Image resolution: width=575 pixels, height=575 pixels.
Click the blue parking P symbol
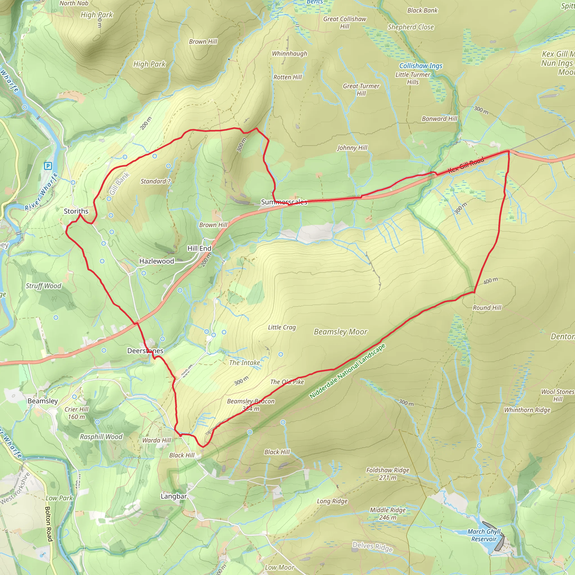tap(48, 166)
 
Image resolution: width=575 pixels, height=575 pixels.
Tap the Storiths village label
tap(76, 211)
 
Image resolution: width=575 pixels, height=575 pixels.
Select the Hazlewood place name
tap(157, 261)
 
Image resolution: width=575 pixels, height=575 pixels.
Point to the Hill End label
tap(199, 248)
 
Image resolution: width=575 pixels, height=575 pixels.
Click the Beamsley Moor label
tap(341, 332)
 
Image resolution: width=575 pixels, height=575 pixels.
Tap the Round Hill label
tap(487, 308)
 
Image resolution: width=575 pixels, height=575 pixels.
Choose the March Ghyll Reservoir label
tap(484, 535)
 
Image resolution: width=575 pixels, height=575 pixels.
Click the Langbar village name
tap(174, 496)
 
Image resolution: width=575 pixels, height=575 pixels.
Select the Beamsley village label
tap(43, 401)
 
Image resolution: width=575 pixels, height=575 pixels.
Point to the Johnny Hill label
tap(352, 148)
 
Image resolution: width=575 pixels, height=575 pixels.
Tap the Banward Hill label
tap(439, 119)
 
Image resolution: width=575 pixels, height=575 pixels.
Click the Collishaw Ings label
tap(421, 66)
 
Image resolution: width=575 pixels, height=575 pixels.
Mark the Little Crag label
tap(282, 327)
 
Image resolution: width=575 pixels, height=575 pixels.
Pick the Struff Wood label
tap(44, 286)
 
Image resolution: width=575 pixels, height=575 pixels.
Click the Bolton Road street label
tap(49, 524)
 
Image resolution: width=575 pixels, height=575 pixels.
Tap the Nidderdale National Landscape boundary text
tap(347, 371)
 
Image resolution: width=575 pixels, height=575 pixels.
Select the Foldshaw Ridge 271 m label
tap(387, 474)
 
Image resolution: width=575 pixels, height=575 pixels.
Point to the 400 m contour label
tap(490, 280)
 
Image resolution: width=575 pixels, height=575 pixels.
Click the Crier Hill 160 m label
tap(76, 413)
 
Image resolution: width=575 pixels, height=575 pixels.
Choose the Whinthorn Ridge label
tap(527, 410)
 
